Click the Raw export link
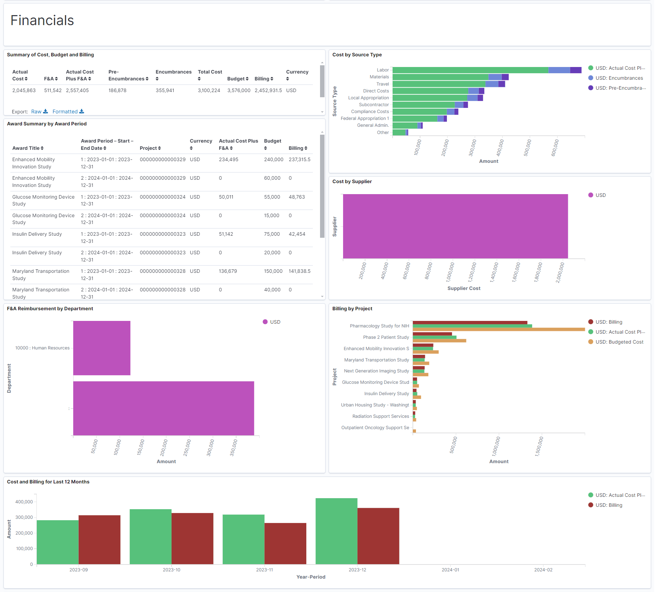click(x=36, y=112)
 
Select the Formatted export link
click(x=65, y=112)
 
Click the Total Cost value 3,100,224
click(x=209, y=90)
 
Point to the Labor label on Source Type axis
click(x=383, y=70)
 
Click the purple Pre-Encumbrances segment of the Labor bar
click(x=575, y=70)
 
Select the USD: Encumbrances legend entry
click(x=619, y=78)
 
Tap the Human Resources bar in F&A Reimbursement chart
click(x=102, y=348)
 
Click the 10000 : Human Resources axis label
click(x=42, y=348)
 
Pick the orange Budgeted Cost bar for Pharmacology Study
click(x=498, y=329)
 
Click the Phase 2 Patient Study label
click(x=386, y=337)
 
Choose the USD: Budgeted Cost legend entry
click(x=619, y=342)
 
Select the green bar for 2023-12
click(x=336, y=531)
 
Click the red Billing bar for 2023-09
click(x=99, y=539)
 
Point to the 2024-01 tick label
click(x=450, y=570)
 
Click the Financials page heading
click(x=42, y=21)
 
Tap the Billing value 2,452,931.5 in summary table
click(x=268, y=90)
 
